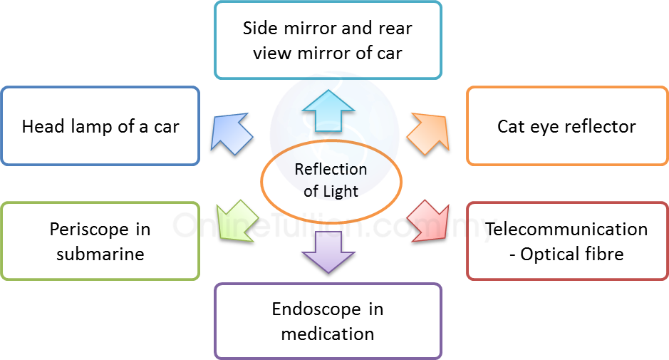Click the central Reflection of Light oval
(x=331, y=180)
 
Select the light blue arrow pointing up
(x=327, y=110)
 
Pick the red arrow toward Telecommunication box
(x=432, y=219)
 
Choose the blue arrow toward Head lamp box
(x=232, y=130)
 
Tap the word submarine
(x=100, y=254)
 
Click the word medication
(x=328, y=334)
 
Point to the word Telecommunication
(x=566, y=230)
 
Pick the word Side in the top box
(x=261, y=29)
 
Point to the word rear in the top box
(x=395, y=29)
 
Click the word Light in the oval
(x=342, y=191)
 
